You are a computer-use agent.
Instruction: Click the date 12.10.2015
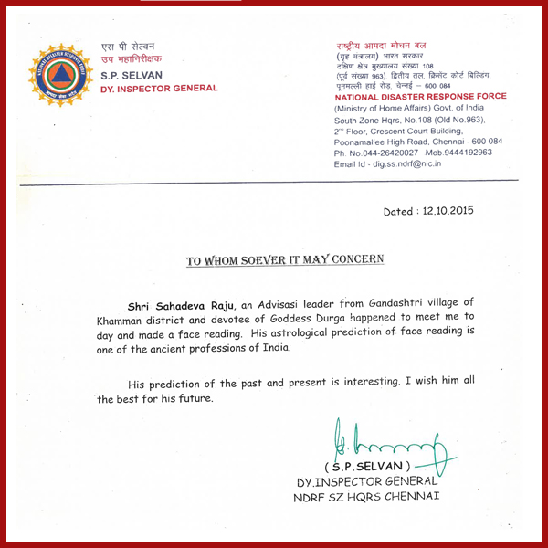pos(447,211)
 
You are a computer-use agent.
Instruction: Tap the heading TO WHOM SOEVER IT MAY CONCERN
pos(285,260)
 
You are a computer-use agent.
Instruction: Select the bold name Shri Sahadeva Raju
pos(182,302)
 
